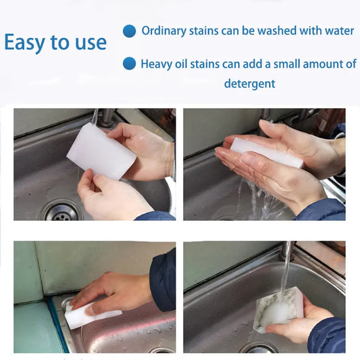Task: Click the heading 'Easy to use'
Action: click(x=55, y=43)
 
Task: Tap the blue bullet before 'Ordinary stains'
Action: click(x=129, y=31)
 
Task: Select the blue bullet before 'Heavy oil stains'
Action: click(x=129, y=64)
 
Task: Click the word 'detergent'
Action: click(x=249, y=84)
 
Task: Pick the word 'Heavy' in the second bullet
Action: click(x=157, y=64)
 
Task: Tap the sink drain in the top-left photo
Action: click(x=61, y=211)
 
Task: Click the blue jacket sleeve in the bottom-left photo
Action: click(x=163, y=278)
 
